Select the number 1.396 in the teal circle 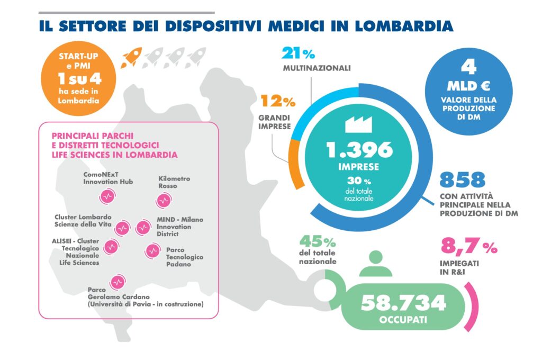coord(359,150)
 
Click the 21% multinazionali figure coord(299,53)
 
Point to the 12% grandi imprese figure coord(277,100)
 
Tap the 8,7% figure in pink coord(468,247)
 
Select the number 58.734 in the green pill coord(403,303)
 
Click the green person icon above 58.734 coord(376,264)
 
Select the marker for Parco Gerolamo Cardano coord(116,282)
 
